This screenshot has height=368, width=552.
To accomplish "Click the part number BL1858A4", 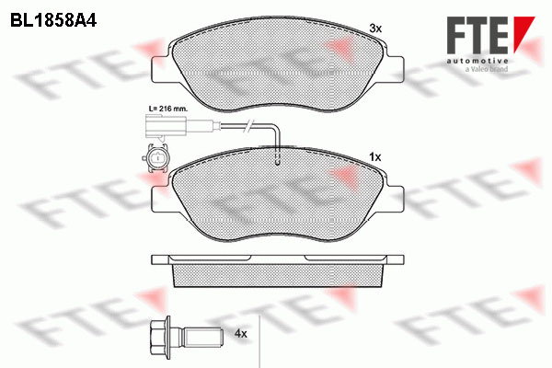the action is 53,21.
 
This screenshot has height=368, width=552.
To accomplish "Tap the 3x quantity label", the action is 375,29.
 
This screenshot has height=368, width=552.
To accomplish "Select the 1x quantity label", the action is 375,157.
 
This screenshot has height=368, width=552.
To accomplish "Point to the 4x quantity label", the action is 241,333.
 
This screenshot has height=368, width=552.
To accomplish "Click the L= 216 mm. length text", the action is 168,109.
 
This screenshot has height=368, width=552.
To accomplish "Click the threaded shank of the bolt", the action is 203,337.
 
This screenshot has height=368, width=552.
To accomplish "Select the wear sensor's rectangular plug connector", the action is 165,126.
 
